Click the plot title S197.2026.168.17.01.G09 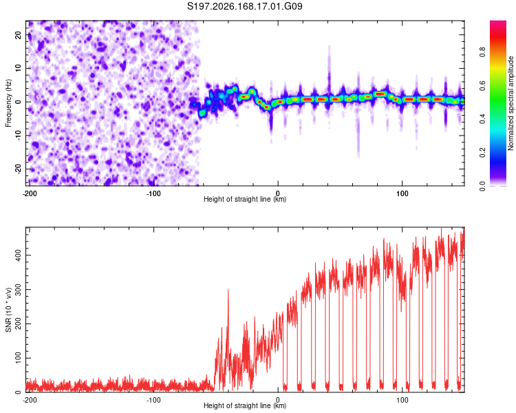tap(244, 6)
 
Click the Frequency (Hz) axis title tap(8, 103)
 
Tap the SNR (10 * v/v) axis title tap(8, 310)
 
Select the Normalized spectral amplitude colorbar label tap(510, 103)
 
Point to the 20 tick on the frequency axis tap(19, 34)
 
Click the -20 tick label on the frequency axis tap(19, 169)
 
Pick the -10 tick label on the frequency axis tap(19, 136)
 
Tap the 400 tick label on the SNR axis tap(19, 255)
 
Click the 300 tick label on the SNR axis tap(19, 290)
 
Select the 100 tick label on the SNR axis tap(19, 358)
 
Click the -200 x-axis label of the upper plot tap(30, 193)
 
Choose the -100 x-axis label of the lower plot tap(153, 400)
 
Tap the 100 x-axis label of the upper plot tap(402, 193)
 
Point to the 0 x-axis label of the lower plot tap(278, 400)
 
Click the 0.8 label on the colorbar tap(482, 52)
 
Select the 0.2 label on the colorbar tap(482, 152)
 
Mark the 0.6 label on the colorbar tap(482, 85)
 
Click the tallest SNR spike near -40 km tap(228, 290)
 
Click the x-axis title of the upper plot tap(245, 199)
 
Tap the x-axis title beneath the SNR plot tap(245, 405)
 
